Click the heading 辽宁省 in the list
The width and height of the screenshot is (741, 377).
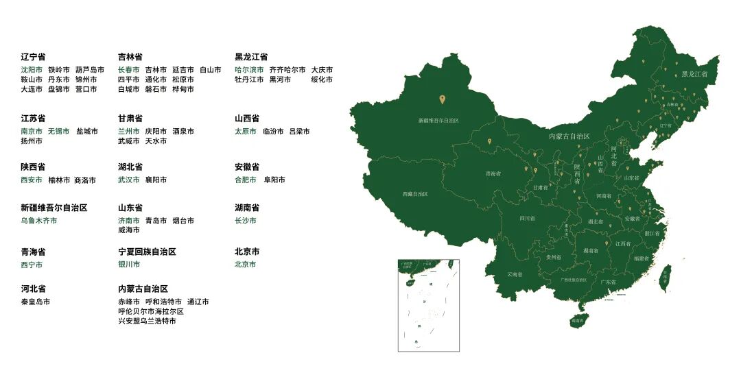33,57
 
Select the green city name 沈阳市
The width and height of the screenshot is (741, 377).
32,70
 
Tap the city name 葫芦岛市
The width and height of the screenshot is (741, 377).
90,70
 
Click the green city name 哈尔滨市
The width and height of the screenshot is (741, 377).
249,70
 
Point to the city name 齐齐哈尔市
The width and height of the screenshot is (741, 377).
287,70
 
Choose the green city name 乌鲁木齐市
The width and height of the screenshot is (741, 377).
39,221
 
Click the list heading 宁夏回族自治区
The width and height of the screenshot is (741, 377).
147,252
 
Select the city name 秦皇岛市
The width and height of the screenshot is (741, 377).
36,302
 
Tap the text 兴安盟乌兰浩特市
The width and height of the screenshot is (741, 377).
147,321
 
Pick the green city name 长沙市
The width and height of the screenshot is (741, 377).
246,221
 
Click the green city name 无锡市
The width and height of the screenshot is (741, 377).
59,131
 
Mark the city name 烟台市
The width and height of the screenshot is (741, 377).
183,221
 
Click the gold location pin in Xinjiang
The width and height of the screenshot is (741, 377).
442,99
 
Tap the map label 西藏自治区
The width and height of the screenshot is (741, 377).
415,194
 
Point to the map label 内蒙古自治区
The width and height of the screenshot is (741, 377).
569,136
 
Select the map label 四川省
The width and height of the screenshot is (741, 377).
527,219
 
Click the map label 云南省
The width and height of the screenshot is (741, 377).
515,274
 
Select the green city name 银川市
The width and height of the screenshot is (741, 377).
129,265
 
